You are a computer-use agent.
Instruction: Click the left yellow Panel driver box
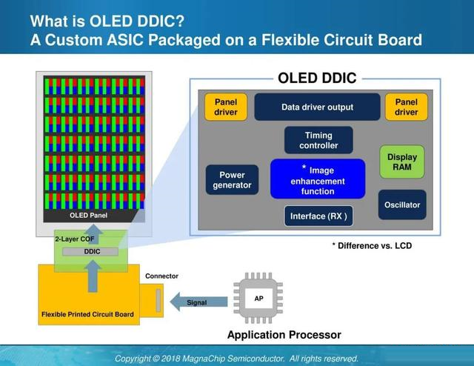(x=225, y=107)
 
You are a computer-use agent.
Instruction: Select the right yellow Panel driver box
(x=406, y=107)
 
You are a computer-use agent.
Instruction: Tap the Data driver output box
(x=317, y=107)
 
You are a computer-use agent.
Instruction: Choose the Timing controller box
(x=318, y=140)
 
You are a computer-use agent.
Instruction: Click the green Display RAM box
(x=402, y=162)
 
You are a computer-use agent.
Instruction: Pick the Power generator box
(x=232, y=180)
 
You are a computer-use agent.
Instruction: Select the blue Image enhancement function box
(x=318, y=179)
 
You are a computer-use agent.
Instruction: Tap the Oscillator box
(x=402, y=204)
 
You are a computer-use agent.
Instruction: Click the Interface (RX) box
(x=318, y=216)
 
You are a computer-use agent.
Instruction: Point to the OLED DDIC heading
(x=317, y=78)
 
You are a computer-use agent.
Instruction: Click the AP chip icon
(x=258, y=299)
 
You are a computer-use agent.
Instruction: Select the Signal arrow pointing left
(x=193, y=302)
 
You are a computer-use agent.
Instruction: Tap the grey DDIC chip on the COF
(x=92, y=252)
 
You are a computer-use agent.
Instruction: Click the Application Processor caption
(x=284, y=335)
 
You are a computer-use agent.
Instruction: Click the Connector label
(x=161, y=276)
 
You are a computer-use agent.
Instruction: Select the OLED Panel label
(x=88, y=216)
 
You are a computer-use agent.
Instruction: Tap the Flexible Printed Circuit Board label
(x=87, y=314)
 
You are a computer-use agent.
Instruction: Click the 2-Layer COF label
(x=74, y=239)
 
